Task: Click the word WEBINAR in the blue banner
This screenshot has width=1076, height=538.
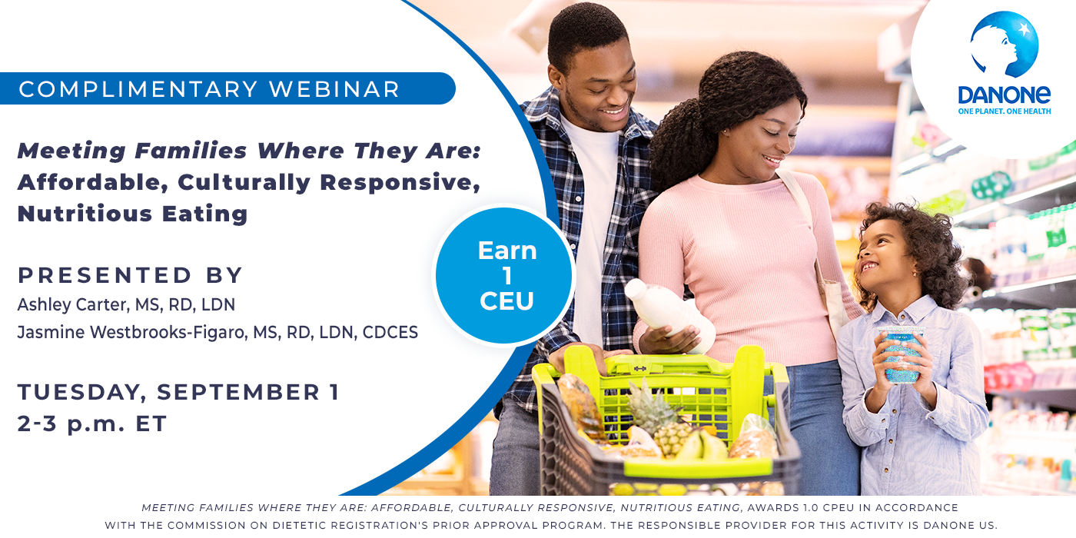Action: (334, 89)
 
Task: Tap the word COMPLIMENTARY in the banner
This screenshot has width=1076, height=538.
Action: (138, 89)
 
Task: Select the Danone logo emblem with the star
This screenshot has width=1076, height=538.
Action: (1004, 45)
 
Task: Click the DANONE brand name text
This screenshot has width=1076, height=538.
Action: (1004, 95)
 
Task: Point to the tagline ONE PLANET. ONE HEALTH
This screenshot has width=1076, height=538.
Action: (1005, 111)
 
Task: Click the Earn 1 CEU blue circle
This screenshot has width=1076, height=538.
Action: (504, 276)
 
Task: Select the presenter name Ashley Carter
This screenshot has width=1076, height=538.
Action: (73, 305)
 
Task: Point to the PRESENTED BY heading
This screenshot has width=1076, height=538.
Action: (130, 275)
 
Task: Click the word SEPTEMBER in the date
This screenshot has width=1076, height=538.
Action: (238, 392)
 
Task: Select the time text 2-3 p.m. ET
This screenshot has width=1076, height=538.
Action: (91, 423)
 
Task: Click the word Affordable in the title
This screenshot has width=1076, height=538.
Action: (93, 183)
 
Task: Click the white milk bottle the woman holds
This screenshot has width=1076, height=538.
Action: (669, 314)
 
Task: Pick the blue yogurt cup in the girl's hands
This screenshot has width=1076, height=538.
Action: (900, 354)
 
